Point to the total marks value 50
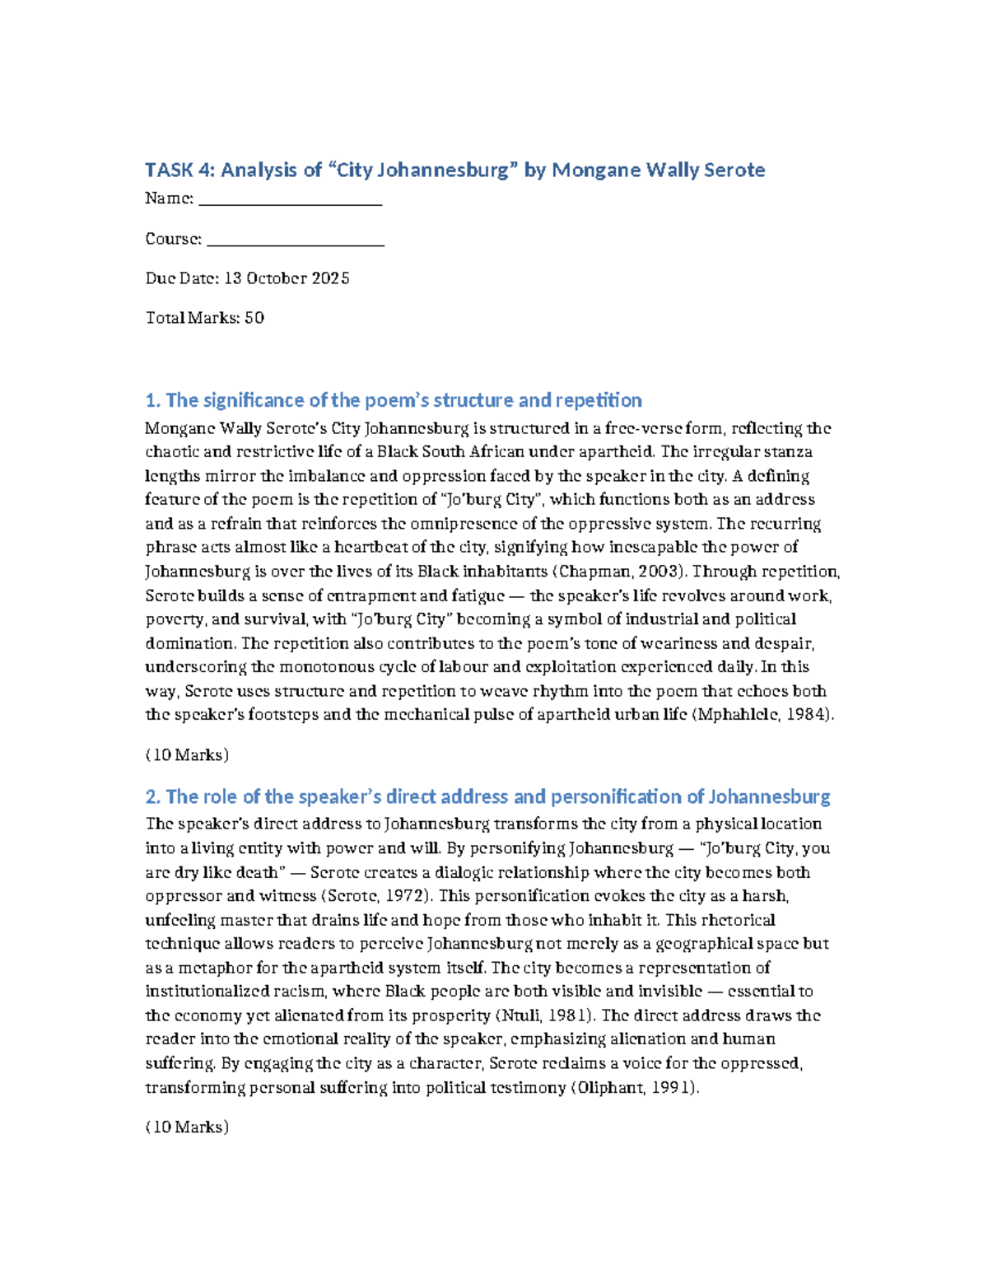pos(254,318)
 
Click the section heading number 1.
pos(152,401)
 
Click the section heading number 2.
pos(152,797)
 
